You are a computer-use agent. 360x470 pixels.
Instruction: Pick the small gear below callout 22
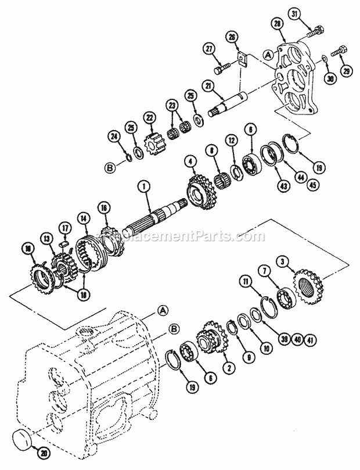click(150, 141)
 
